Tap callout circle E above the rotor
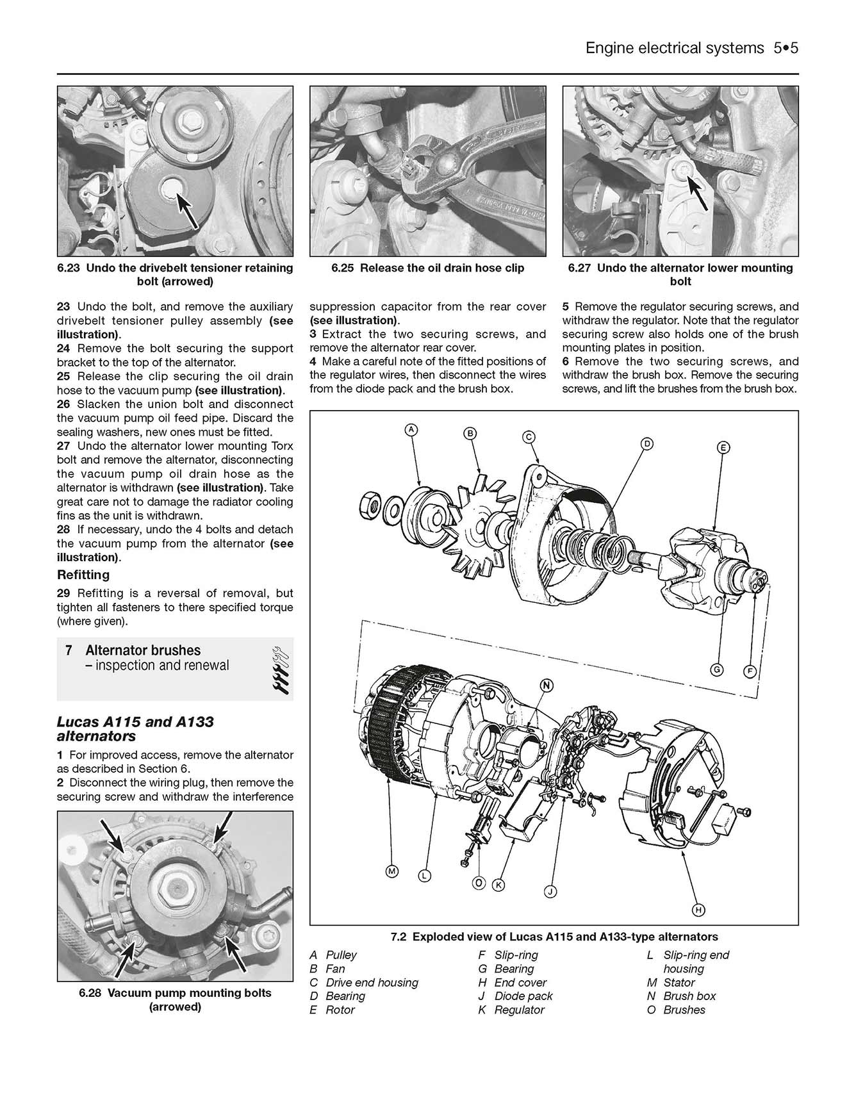coord(722,448)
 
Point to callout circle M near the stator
coord(392,871)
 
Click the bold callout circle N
coord(547,685)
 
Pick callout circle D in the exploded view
coord(647,443)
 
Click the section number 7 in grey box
coord(69,650)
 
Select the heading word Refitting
coord(83,575)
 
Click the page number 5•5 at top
coord(785,48)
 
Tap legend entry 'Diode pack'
coord(523,996)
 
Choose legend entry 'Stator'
coord(679,983)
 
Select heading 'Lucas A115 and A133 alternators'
coord(135,729)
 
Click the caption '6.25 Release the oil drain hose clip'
coord(427,268)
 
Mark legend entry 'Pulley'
coord(341,955)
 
